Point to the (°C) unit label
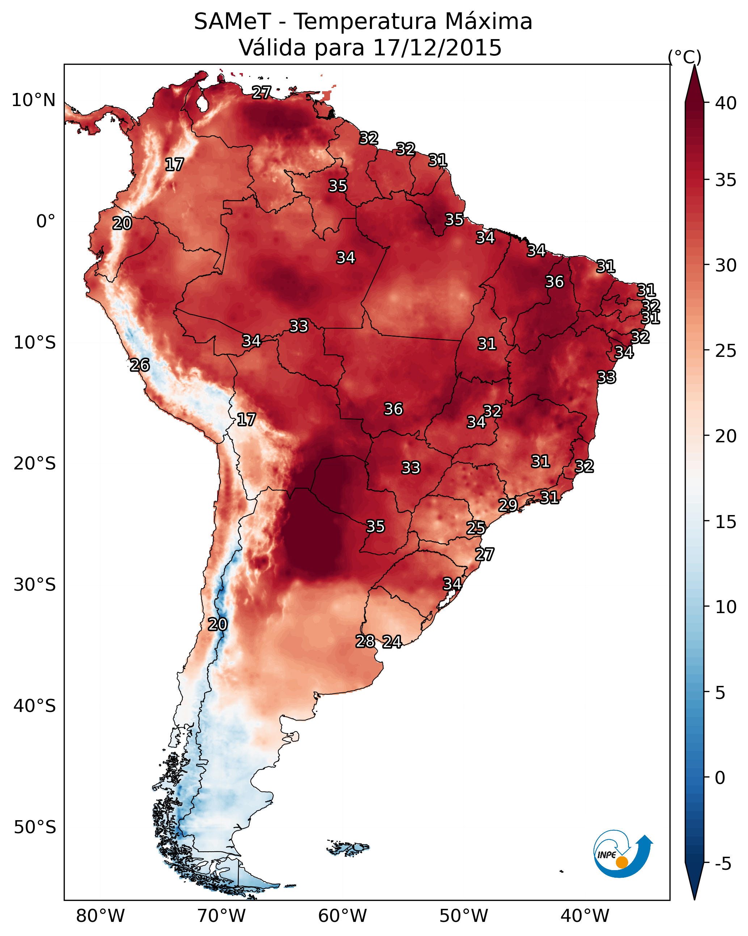click(x=684, y=57)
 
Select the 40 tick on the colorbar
click(x=726, y=103)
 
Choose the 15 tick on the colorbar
click(x=726, y=522)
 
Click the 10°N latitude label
click(x=33, y=100)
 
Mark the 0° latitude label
click(x=46, y=222)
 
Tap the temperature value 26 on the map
click(x=140, y=365)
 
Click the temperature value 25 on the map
click(x=476, y=528)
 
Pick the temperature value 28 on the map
click(x=365, y=641)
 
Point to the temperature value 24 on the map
click(x=392, y=642)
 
